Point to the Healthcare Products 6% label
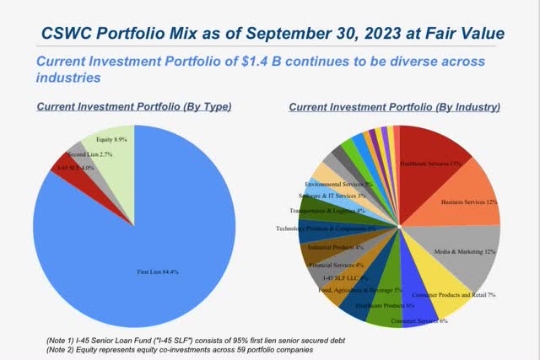[382, 305]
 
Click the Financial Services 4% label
[337, 265]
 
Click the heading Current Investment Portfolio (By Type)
[133, 107]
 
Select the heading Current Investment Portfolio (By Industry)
[394, 107]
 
